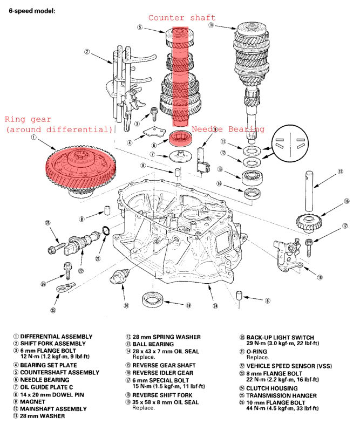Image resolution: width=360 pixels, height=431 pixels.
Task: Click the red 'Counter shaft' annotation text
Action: click(182, 18)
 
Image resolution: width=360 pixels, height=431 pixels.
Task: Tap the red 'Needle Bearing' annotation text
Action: click(228, 129)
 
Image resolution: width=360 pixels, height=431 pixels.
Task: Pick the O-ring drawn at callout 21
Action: click(107, 232)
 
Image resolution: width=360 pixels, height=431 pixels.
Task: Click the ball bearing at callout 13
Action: click(253, 176)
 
